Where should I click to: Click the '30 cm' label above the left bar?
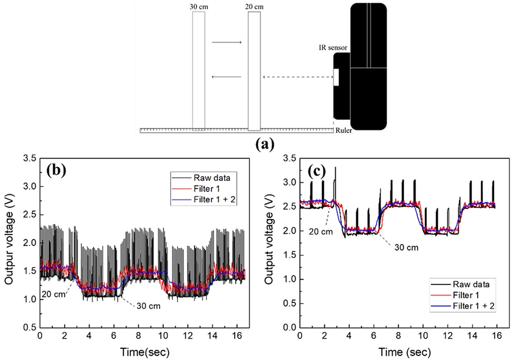(x=198, y=7)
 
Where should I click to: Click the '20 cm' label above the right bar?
(x=254, y=7)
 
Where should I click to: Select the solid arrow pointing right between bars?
(x=226, y=42)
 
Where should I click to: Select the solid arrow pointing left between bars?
(x=226, y=77)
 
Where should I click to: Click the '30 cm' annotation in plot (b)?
(x=146, y=306)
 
